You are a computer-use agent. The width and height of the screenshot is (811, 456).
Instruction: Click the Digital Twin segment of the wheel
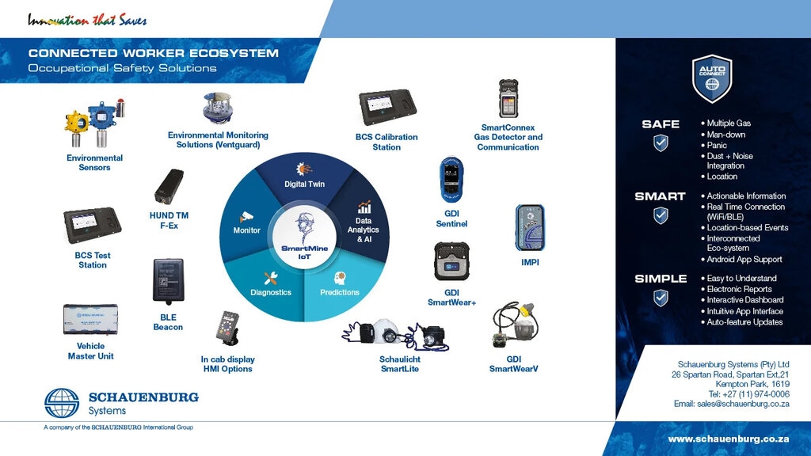point(304,176)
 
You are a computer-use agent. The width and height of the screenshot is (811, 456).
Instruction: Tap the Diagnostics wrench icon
point(271,278)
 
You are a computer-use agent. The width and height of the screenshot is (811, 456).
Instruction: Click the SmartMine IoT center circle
point(304,236)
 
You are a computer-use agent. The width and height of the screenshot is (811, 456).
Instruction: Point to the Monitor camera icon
point(246,217)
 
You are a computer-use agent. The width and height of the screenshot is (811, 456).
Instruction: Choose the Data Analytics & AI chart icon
point(364,207)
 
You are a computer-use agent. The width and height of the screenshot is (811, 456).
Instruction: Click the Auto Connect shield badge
point(712,78)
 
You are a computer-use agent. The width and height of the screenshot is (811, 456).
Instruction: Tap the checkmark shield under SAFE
point(661,142)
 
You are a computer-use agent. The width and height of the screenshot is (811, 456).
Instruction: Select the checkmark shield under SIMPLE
point(661,298)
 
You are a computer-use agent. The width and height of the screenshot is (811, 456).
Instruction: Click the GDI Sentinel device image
point(451,180)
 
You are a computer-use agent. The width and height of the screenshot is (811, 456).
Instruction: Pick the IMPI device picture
point(530,227)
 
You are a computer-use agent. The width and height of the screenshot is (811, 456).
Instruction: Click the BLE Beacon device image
point(168,281)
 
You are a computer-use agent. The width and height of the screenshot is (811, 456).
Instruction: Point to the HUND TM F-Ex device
point(169,186)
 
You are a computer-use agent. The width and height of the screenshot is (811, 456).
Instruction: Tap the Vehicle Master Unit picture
point(90,320)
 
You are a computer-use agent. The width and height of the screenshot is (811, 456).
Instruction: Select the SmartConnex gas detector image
point(508,99)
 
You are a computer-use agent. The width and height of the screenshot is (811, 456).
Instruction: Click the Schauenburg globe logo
point(62,403)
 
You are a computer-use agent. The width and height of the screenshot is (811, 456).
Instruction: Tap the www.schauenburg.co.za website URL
point(729,439)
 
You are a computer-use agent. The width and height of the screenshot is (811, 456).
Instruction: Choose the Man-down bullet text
point(725,135)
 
